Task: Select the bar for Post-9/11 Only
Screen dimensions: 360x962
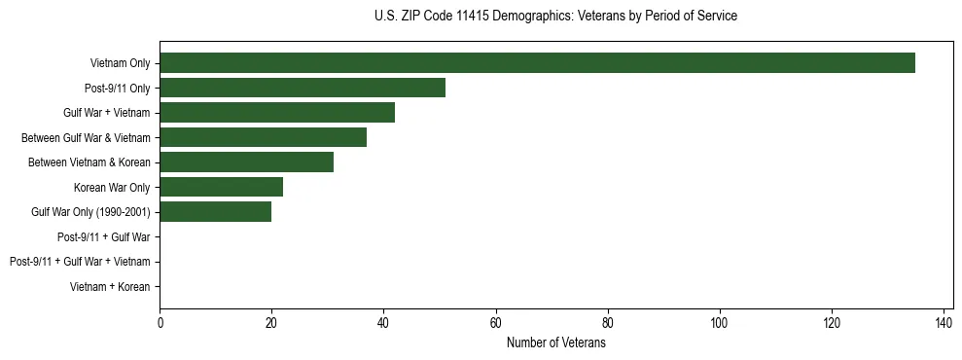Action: tap(303, 89)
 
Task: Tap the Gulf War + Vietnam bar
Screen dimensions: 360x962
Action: tap(277, 113)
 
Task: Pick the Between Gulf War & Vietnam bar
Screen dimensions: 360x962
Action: tap(263, 138)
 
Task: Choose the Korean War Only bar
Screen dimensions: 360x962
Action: tap(221, 187)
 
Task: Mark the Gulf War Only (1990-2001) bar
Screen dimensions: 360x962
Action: tap(215, 212)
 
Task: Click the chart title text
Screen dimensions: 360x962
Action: tap(555, 17)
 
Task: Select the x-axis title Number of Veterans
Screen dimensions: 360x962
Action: tap(555, 343)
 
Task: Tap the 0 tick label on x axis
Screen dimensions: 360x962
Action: tap(160, 324)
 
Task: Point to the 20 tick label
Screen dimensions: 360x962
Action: tap(271, 324)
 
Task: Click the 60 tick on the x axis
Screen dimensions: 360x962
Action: tap(495, 324)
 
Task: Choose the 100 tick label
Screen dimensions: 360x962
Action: tap(720, 324)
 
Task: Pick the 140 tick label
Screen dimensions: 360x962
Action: tap(944, 324)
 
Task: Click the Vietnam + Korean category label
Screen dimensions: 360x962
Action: tap(110, 287)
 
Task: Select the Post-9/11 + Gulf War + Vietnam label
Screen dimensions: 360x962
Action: tap(80, 262)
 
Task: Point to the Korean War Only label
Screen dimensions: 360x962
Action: tap(111, 188)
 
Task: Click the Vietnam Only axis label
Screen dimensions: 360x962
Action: tap(120, 63)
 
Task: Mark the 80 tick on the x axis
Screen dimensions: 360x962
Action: tap(608, 324)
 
